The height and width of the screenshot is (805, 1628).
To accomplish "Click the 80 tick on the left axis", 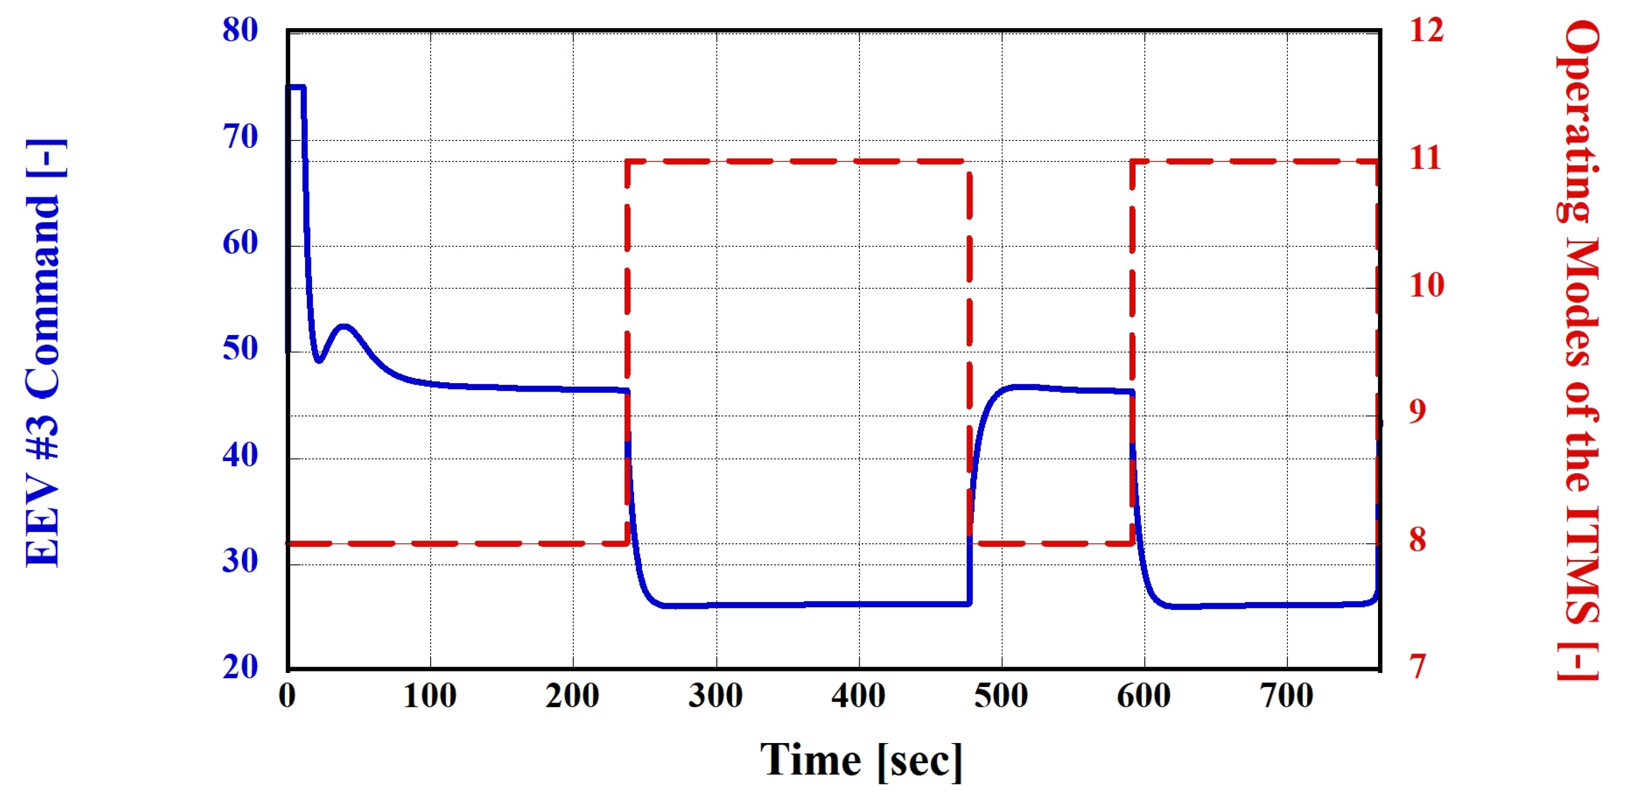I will coord(240,30).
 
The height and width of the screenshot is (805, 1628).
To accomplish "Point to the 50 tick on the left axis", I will coord(240,348).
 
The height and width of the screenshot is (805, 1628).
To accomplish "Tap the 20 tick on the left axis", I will coord(240,667).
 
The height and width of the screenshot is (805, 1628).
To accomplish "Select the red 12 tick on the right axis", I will coord(1426,30).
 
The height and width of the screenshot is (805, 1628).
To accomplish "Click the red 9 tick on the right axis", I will coord(1418,411).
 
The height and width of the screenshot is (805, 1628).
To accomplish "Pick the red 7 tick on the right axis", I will coord(1418,667).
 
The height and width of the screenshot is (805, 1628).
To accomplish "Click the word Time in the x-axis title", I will coord(810,759).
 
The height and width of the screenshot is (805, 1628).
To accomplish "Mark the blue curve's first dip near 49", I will coord(319,360).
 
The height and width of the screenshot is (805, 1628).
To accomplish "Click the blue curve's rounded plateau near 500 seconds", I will coord(1018,386).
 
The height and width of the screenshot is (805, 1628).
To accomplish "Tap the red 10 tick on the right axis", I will coord(1426,285).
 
